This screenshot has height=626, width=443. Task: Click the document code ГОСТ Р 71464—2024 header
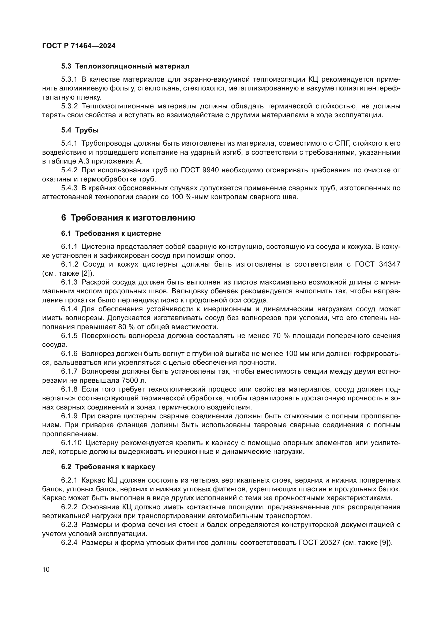pos(79,46)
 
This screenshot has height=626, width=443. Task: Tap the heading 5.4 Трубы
pos(80,130)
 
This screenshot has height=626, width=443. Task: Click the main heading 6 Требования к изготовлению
pos(128,218)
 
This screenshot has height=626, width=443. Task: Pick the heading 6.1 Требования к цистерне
pos(111,233)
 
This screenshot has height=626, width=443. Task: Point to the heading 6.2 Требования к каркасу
pos(108,467)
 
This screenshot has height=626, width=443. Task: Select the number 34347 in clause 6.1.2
pos(389,264)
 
